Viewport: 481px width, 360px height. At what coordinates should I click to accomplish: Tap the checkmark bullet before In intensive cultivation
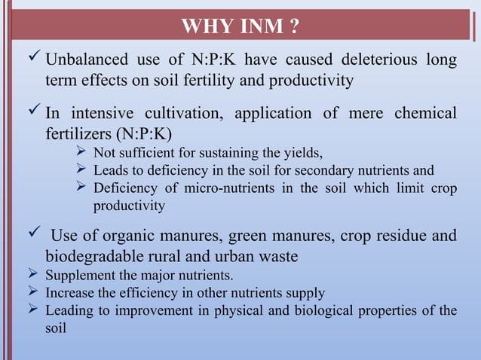[x=31, y=114]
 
